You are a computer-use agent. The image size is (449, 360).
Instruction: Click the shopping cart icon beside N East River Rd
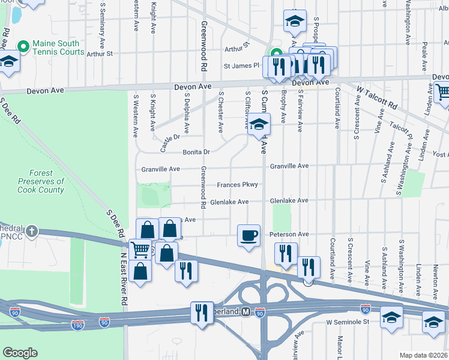140,250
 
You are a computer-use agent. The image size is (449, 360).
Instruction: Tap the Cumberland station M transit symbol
245,311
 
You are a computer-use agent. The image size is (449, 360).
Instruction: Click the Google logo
20,353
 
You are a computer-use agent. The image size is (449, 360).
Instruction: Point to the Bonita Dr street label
196,152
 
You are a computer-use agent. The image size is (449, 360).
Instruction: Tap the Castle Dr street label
169,142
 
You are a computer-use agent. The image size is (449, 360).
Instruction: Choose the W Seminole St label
347,322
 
